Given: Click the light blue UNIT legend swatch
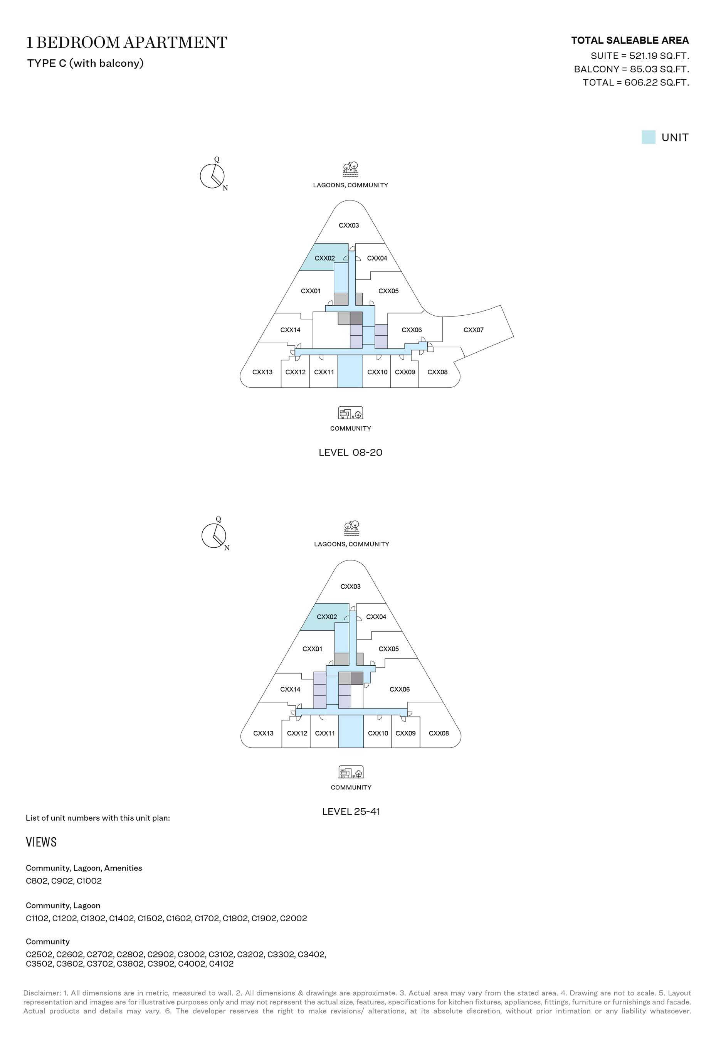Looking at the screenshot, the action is tap(648, 137).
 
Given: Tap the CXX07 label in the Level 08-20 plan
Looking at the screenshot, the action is tap(474, 330).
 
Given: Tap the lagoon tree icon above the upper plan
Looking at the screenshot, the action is tap(351, 170).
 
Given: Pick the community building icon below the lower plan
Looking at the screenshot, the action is tap(351, 772).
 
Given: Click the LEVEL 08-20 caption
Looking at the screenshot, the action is tap(351, 453).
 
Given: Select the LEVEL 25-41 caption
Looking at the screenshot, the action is tap(351, 811).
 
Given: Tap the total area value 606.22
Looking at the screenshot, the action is tap(641, 82).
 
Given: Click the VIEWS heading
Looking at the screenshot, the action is tap(41, 842).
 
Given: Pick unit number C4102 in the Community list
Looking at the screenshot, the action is tap(221, 964).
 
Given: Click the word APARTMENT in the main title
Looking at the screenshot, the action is tap(175, 42).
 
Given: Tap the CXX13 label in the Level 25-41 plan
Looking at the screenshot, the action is tap(263, 733).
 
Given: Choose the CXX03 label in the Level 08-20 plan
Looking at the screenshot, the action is tap(349, 225).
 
